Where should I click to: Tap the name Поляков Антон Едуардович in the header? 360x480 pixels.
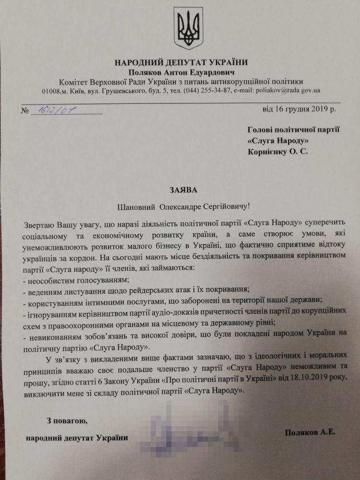click(x=181, y=72)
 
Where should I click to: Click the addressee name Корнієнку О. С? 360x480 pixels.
click(x=278, y=151)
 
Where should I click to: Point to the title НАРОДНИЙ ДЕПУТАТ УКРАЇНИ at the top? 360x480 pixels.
click(x=181, y=63)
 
